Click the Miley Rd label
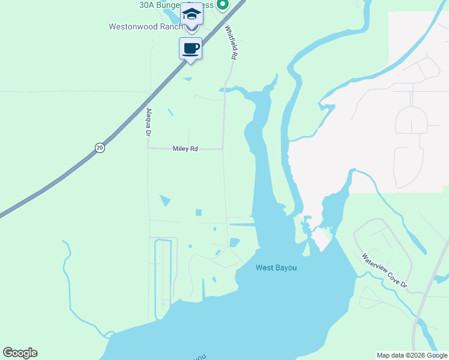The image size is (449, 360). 185,149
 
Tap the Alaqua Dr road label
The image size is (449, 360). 147,122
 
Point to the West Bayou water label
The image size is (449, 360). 276,268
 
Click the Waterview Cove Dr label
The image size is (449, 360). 384,271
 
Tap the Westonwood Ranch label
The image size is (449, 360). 145,26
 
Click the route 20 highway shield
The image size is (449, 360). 100,148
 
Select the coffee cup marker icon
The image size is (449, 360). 191,49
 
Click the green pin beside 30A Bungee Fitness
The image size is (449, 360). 223,5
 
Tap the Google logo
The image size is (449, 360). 20,353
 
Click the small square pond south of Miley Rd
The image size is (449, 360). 198,212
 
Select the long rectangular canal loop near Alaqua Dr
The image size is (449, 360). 163,276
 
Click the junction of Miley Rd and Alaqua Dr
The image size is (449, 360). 148,149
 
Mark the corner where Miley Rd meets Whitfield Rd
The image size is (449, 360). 223,149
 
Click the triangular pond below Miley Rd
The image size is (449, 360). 164,200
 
